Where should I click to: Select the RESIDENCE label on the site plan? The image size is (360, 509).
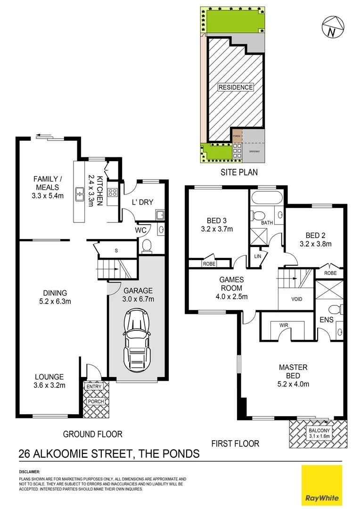pyautogui.click(x=236, y=87)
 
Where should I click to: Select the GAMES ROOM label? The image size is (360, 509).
pyautogui.click(x=231, y=284)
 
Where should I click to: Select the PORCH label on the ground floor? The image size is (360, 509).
pyautogui.click(x=96, y=402)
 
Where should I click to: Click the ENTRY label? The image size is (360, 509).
pyautogui.click(x=94, y=386)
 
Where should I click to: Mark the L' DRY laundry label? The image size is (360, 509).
pyautogui.click(x=142, y=202)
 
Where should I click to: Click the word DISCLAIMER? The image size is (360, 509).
pyautogui.click(x=30, y=471)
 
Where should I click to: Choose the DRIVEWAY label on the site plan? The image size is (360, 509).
pyautogui.click(x=254, y=152)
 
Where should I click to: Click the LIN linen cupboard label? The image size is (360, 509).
pyautogui.click(x=257, y=256)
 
